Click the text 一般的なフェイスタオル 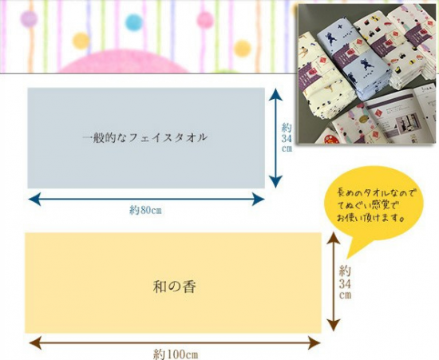tap(145, 138)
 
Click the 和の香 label tap(174, 287)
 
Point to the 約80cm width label tap(145, 210)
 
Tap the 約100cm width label tap(176, 354)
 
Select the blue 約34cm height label tap(287, 138)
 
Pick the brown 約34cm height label tap(345, 283)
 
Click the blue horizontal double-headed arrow tap(146, 199)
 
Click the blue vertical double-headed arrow tap(276, 138)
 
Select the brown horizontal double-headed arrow tap(175, 342)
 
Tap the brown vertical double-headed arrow tap(334, 282)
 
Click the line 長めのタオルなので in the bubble tap(374, 193)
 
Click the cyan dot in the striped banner tap(134, 22)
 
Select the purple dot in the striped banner tap(29, 18)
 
